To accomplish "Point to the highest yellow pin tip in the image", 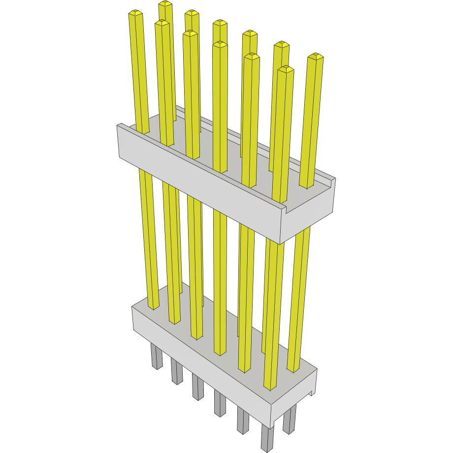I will tap(165, 4).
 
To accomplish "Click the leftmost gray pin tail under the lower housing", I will tap(157, 357).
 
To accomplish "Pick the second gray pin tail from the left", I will tap(177, 372).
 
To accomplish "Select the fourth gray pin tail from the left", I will tap(219, 403).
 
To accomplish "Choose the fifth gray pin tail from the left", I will tap(243, 421).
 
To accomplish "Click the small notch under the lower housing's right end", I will tap(311, 393).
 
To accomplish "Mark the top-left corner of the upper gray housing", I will tap(119, 126).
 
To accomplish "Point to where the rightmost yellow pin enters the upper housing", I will tap(306, 186).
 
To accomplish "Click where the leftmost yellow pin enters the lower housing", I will tap(154, 308).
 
